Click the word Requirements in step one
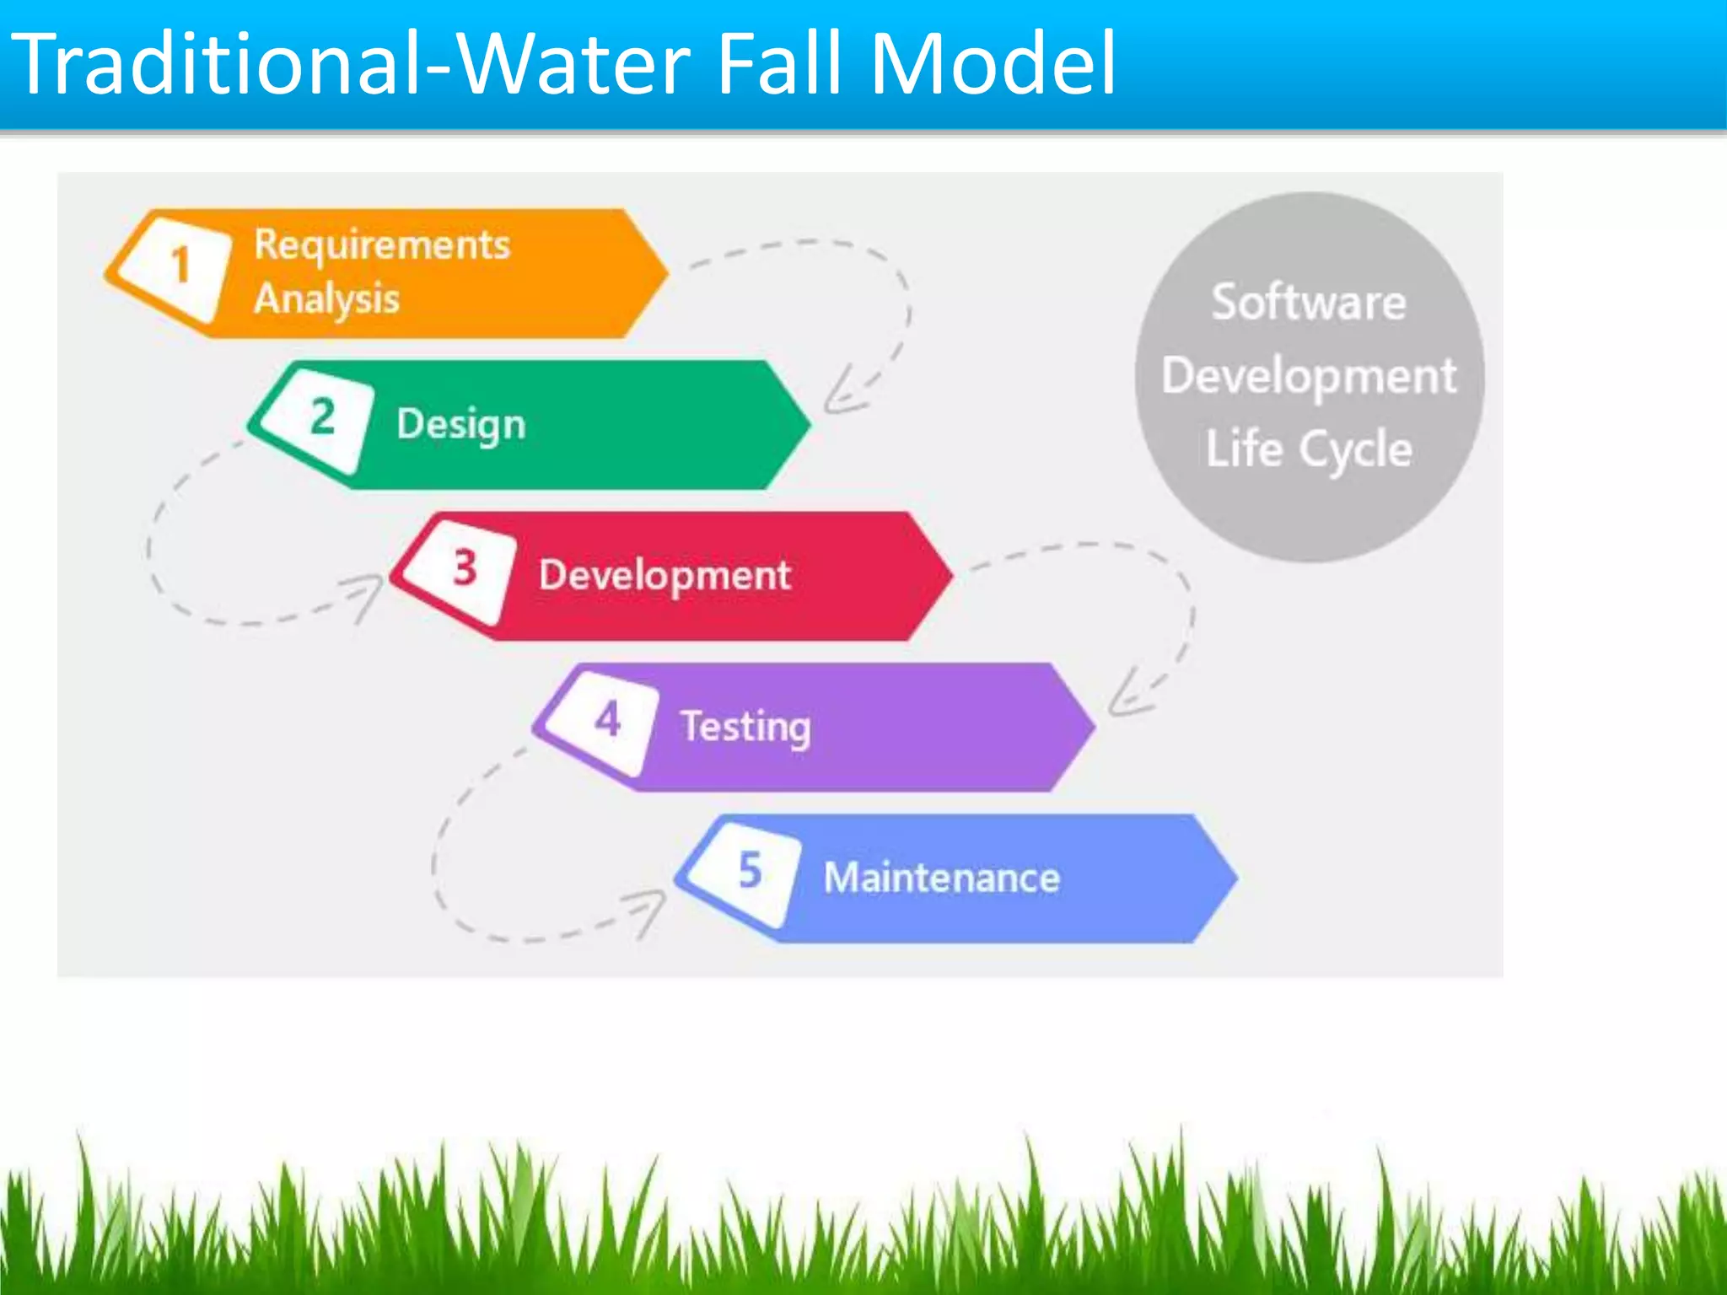382,245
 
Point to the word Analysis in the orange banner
327,299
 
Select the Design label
460,424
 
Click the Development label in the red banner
664,576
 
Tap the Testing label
745,727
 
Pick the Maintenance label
941,878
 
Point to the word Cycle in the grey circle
1355,449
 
